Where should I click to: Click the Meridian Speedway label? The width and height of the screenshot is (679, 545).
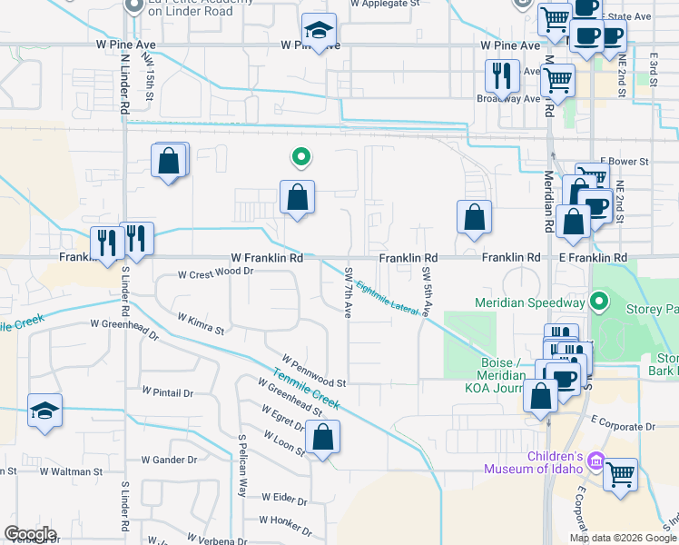(529, 302)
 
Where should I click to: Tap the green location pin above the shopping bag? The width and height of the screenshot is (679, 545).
(300, 158)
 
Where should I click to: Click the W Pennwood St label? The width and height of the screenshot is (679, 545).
(313, 372)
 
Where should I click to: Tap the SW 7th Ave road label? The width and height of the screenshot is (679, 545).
(348, 292)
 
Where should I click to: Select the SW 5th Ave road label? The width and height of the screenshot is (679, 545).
(427, 292)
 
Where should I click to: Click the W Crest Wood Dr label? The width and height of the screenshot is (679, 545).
(215, 272)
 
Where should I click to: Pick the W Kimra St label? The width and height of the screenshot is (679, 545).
(201, 325)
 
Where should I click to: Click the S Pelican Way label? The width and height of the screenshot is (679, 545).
(242, 465)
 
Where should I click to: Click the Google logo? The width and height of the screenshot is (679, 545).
(30, 534)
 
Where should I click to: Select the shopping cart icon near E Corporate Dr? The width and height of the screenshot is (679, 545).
(620, 473)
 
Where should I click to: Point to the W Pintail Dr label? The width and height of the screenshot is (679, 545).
(168, 393)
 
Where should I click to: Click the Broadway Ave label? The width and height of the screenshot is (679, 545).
(510, 98)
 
